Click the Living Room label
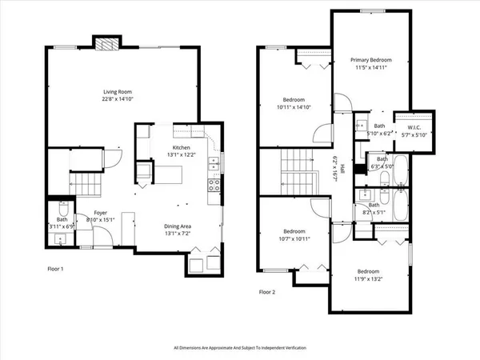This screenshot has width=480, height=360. [x=122, y=91]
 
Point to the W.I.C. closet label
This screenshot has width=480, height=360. [x=414, y=126]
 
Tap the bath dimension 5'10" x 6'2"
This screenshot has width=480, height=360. [x=379, y=133]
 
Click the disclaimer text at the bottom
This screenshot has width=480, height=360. [x=239, y=348]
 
